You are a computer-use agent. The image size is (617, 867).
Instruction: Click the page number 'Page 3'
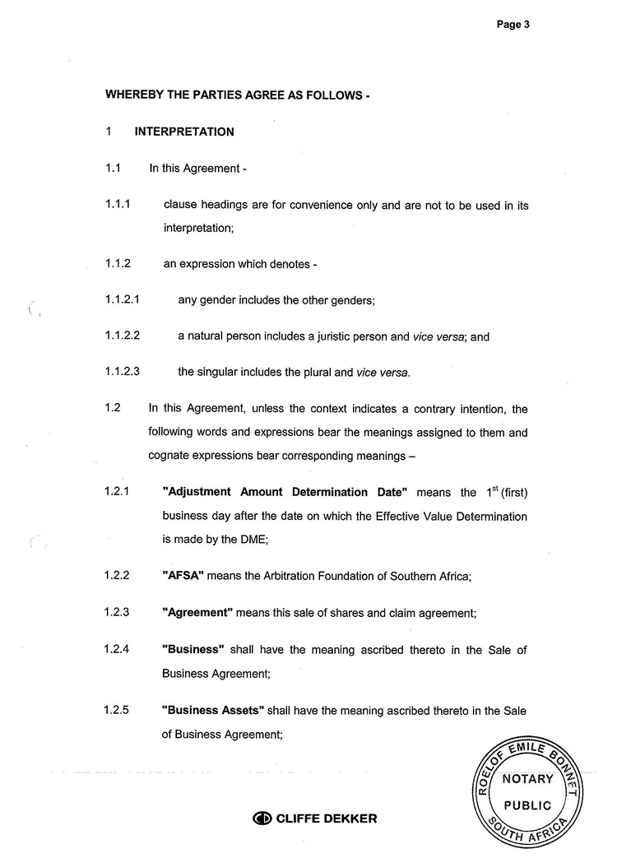513,25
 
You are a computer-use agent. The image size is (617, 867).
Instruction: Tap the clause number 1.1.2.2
123,336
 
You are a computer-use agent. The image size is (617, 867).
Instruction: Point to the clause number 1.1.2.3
123,372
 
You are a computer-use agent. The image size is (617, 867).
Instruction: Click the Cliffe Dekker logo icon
262,818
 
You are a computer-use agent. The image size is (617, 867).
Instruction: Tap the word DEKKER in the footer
349,818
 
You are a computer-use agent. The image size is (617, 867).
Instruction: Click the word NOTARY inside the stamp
527,779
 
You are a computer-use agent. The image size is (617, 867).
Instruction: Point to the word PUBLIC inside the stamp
527,806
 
